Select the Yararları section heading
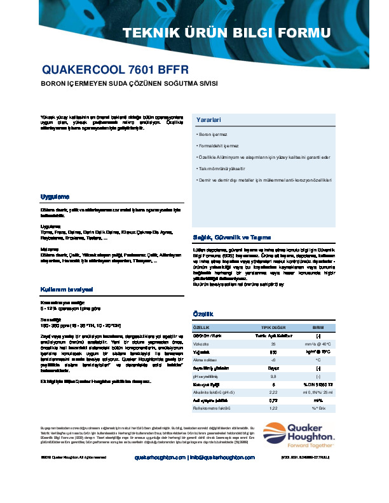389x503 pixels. (208, 120)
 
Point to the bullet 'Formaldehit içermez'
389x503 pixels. (216, 146)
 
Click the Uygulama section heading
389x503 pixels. (54, 196)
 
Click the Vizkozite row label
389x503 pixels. (203, 343)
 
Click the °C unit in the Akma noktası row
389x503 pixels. (318, 359)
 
